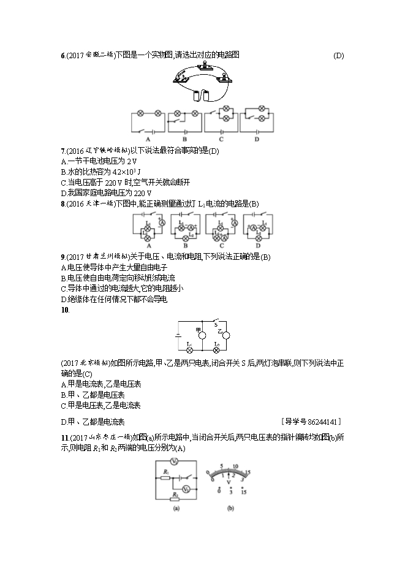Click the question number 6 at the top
(63, 56)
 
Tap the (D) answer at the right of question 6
(338, 56)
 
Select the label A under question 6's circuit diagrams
(147, 137)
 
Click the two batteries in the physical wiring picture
(201, 96)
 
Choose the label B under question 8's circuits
(183, 243)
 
